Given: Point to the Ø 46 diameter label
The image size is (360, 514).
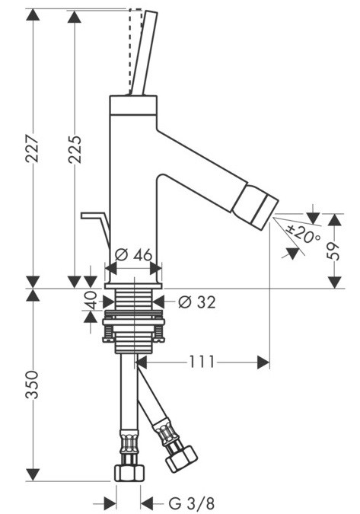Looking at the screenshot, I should [x=132, y=255].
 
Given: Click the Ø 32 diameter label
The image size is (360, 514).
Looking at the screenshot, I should [x=196, y=302].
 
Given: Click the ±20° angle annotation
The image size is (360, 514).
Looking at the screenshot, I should [x=304, y=237].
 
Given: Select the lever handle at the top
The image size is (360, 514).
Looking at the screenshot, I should [x=143, y=53].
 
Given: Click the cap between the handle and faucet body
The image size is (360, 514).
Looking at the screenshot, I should [x=134, y=101].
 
